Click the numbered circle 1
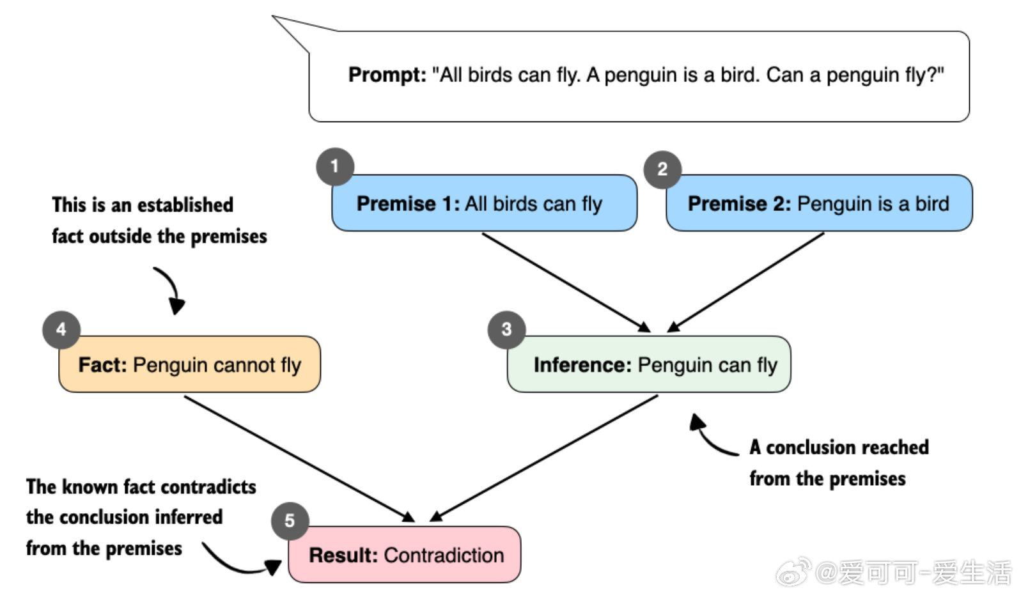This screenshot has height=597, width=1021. tap(336, 167)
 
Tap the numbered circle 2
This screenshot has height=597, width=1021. tap(663, 169)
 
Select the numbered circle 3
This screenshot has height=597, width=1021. tap(507, 330)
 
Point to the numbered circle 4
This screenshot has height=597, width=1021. tap(61, 330)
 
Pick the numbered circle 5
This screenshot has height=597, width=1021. tap(290, 521)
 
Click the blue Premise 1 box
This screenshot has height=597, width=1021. tap(485, 203)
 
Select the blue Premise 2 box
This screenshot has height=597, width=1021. tap(819, 203)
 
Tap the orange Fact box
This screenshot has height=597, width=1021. tap(190, 364)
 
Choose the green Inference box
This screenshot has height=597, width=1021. tap(649, 364)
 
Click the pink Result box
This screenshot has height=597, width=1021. tap(405, 554)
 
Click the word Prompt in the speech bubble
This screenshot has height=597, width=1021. tap(387, 75)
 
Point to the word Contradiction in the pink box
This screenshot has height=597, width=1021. tap(444, 555)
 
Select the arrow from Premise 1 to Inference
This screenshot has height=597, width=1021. tap(566, 283)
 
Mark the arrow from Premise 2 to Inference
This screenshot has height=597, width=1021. tap(745, 283)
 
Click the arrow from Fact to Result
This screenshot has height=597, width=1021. tap(299, 458)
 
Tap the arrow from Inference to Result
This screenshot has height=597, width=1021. tap(544, 458)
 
